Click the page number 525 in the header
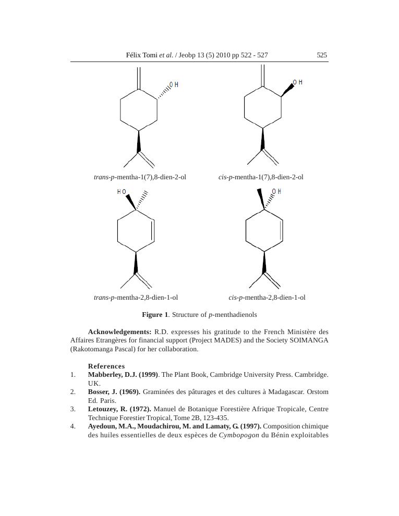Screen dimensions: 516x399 [x=322, y=55]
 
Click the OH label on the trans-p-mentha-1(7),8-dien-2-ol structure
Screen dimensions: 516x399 [x=174, y=85]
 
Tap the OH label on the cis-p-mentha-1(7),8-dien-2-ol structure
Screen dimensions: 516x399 [x=298, y=83]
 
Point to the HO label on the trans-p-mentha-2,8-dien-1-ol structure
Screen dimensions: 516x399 [x=122, y=192]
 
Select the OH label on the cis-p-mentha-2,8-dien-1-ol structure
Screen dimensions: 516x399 [x=276, y=192]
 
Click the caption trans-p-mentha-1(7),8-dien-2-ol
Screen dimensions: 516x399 [x=140, y=177]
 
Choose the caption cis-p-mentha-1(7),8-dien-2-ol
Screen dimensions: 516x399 [x=261, y=177]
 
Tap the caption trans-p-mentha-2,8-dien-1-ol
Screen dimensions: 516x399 [x=136, y=298]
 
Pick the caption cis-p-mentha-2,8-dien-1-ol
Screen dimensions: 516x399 [x=267, y=298]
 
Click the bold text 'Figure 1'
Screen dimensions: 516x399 [x=155, y=315]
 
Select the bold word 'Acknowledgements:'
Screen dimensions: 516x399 [x=119, y=332]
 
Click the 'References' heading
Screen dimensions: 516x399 [x=106, y=366]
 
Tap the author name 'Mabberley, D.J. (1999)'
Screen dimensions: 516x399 [x=123, y=375]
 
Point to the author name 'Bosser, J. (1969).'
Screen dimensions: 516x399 [x=114, y=392]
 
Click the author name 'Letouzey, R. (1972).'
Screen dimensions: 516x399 [x=119, y=409]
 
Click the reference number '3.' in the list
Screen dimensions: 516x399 [x=73, y=409]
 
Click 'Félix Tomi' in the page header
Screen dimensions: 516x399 [x=142, y=55]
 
